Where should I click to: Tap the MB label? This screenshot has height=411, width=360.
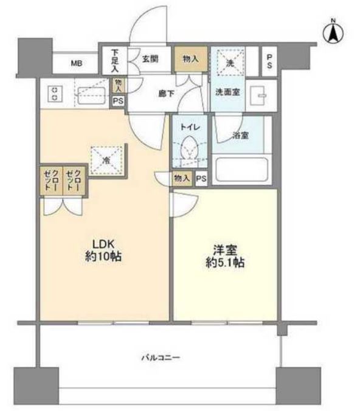pos(75,63)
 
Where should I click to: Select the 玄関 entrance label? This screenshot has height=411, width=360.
pos(150,58)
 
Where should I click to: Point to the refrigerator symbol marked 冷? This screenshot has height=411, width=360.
pos(106,159)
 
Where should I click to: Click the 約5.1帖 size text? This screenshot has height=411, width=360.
pos(225,263)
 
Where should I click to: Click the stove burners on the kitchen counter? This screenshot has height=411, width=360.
pos(55,93)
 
